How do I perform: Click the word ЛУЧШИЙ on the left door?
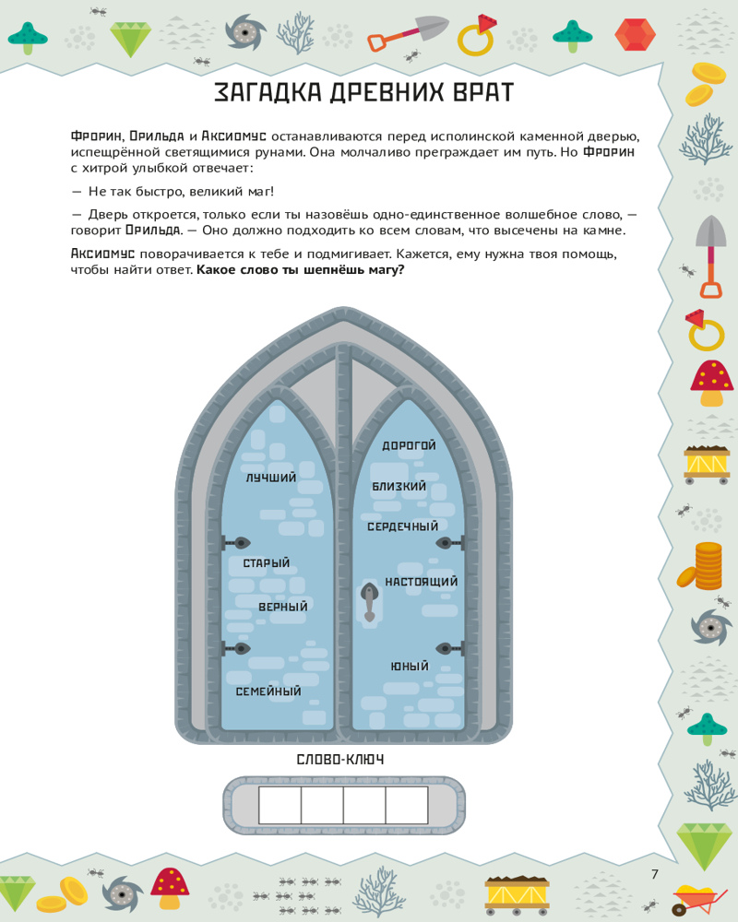coord(271,479)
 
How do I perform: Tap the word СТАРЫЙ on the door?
coord(267,563)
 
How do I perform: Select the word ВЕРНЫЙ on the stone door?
coord(283,608)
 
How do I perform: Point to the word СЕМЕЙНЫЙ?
coord(268,691)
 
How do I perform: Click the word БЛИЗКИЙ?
coord(399,486)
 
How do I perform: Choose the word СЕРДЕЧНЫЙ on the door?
coord(402,526)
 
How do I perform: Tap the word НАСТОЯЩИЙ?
coord(422,583)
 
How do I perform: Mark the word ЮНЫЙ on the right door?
coord(410,667)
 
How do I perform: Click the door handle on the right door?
coord(369,600)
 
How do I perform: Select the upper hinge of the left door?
coord(239,543)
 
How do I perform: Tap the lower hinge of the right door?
coord(447,648)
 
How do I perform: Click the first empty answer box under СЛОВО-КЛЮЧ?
coord(280,805)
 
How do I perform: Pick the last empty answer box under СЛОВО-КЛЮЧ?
coord(407,805)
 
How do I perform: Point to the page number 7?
coord(655,874)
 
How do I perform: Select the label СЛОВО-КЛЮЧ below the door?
coord(340,760)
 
